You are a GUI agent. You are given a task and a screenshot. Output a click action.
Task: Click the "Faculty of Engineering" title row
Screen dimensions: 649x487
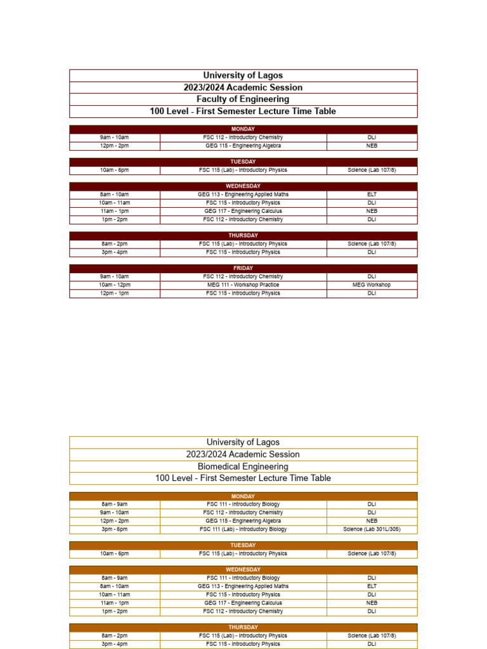point(243,100)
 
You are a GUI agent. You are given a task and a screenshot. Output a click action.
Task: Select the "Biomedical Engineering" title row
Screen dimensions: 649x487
point(243,466)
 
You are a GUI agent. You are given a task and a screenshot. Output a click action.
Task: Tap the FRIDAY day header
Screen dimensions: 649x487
point(243,268)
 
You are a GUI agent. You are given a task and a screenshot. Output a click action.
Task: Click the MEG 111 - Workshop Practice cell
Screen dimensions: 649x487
point(243,285)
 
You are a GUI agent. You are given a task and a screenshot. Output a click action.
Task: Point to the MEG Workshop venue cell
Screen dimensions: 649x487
point(372,285)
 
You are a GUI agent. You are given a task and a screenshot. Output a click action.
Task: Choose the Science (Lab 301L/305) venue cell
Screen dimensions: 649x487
point(372,529)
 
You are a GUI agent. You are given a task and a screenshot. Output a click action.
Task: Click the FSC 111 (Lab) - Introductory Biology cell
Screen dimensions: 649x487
point(243,529)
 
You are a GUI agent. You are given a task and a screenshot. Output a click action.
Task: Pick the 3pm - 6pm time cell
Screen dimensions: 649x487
point(114,529)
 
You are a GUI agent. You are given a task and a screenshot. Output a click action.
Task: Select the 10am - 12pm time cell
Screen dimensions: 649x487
point(114,285)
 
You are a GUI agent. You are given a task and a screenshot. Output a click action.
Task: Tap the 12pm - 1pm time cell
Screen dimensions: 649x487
point(114,293)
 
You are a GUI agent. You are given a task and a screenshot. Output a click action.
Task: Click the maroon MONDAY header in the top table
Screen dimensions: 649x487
point(243,129)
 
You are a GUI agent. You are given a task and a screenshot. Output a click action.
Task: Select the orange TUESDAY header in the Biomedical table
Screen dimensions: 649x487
point(243,545)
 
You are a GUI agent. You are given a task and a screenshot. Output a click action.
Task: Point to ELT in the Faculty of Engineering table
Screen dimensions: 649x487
point(372,195)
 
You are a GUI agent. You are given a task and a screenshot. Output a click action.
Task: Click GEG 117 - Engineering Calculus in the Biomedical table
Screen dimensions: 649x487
point(243,603)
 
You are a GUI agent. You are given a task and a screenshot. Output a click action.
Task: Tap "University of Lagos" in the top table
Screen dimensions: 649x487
point(243,75)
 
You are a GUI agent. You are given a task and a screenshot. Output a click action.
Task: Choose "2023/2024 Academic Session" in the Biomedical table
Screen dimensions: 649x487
point(243,454)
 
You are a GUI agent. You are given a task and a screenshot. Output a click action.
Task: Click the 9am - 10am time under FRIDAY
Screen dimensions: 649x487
point(114,277)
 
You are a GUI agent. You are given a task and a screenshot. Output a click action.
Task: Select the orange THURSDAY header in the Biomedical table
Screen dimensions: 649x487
point(243,627)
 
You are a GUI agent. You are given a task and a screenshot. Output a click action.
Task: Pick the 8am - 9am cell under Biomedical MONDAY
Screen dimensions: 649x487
point(114,504)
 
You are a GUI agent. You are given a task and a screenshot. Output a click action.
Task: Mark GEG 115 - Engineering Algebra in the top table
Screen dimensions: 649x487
point(243,146)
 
